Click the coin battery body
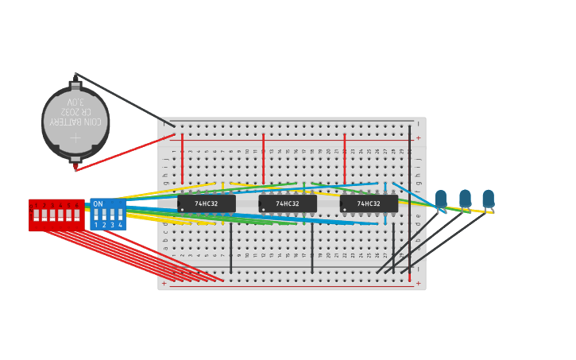[75, 123]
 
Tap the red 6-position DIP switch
[56, 215]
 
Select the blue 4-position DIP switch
[108, 215]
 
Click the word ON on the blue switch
[98, 204]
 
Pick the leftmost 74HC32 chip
[207, 204]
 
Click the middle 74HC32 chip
[288, 204]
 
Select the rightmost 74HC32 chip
[369, 204]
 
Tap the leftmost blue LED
[440, 198]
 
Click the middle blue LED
[465, 198]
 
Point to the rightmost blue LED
[488, 198]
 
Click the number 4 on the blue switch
[120, 226]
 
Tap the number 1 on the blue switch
[96, 226]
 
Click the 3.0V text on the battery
[75, 103]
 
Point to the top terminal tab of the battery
[75, 85]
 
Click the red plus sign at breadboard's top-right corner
[418, 138]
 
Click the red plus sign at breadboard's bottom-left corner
[164, 284]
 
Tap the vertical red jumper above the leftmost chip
[182, 159]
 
